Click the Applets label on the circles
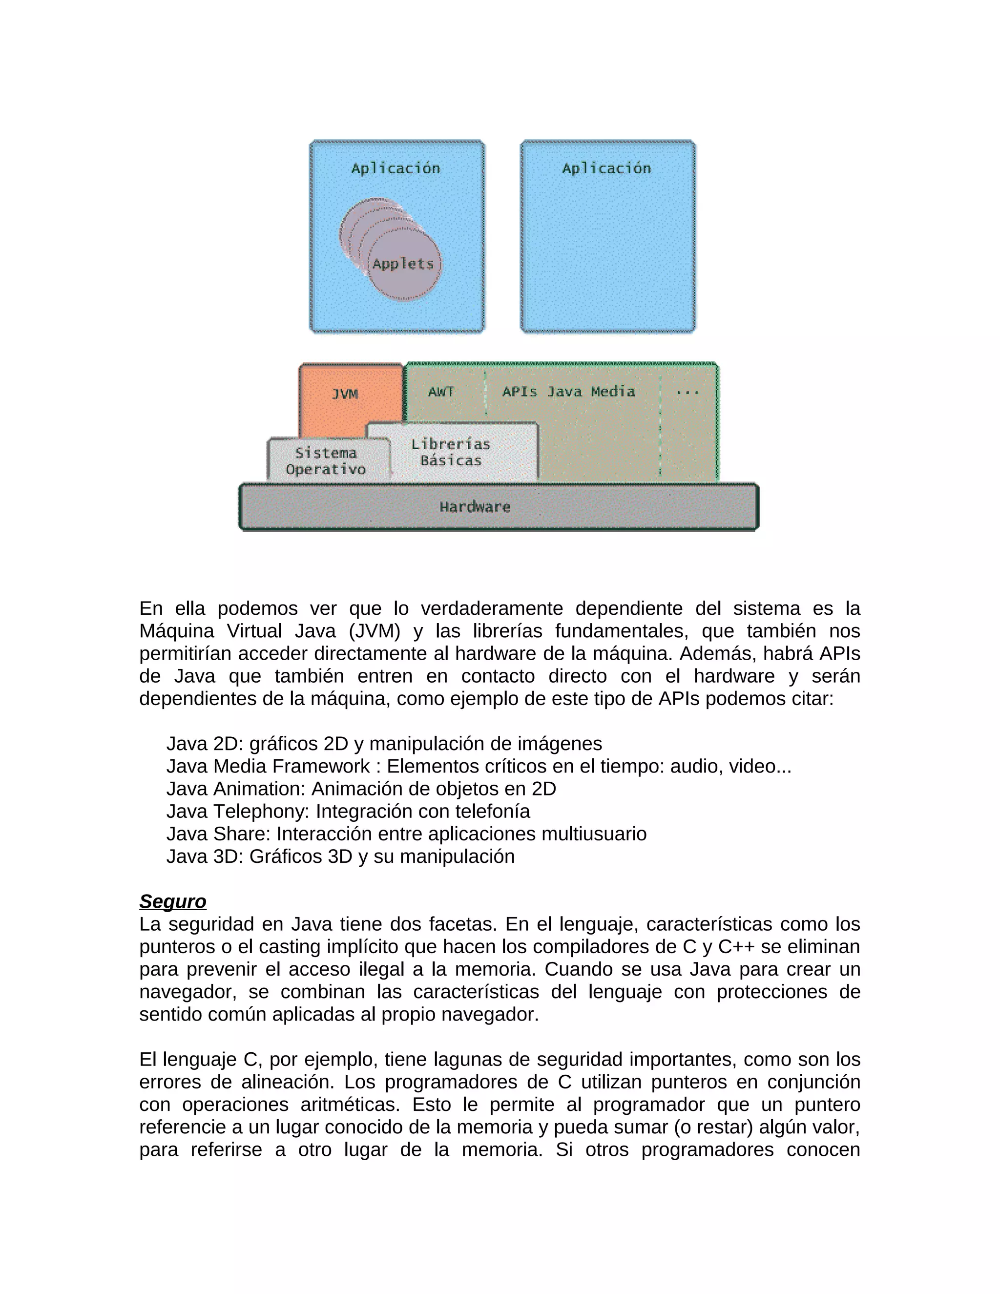403,264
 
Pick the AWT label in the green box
441,392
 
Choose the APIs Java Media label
568,392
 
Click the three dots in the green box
687,392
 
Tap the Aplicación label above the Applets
396,168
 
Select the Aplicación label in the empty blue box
606,168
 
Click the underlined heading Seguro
172,901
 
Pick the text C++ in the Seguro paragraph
736,947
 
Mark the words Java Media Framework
268,766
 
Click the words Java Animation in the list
235,789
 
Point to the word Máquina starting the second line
176,631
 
